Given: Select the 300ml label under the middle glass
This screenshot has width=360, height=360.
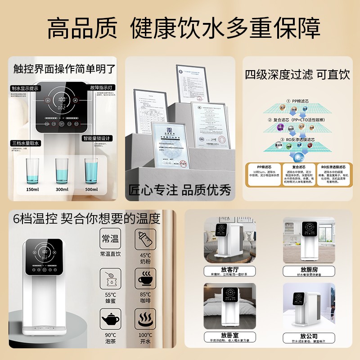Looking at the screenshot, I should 62,189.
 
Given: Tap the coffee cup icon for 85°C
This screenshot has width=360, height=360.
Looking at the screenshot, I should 145,279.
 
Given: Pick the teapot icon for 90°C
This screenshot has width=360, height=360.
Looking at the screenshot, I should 110,319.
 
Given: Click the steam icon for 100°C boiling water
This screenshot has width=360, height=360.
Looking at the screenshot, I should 145,319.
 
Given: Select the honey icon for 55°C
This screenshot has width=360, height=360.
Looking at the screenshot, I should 110,279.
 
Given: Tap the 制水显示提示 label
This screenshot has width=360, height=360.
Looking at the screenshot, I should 26,88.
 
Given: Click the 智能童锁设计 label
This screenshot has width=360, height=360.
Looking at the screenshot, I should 97,138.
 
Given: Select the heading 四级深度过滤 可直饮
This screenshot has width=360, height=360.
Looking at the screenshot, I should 297,75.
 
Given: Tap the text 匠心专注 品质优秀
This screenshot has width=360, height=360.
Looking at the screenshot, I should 180,190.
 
